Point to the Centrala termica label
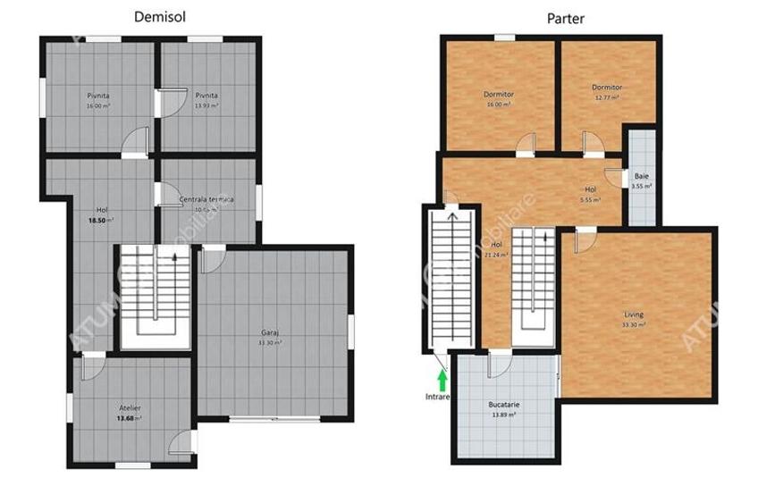tap(206, 199)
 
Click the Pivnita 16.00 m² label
tap(98, 95)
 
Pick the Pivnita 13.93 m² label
tap(206, 95)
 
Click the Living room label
tap(634, 314)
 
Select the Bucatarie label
tap(503, 405)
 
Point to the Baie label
tap(642, 177)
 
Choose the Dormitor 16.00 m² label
tap(498, 95)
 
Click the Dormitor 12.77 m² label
tap(607, 88)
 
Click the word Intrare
tap(438, 396)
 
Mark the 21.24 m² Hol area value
tap(496, 254)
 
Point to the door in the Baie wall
tap(615, 177)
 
